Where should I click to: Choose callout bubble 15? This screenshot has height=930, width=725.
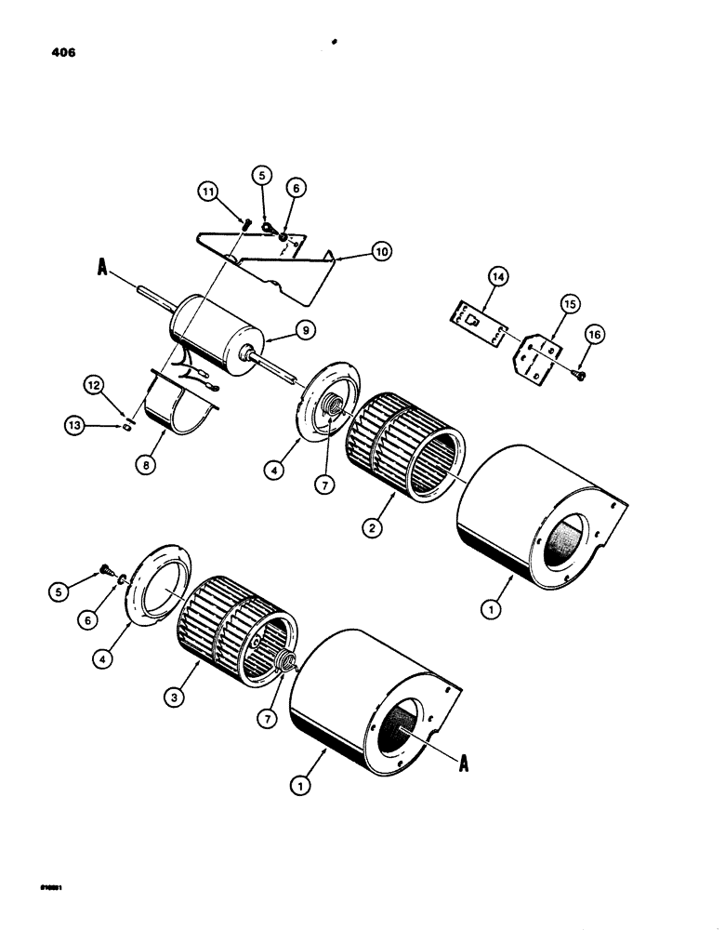click(x=569, y=304)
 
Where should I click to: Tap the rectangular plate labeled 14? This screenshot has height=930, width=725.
click(x=472, y=318)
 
